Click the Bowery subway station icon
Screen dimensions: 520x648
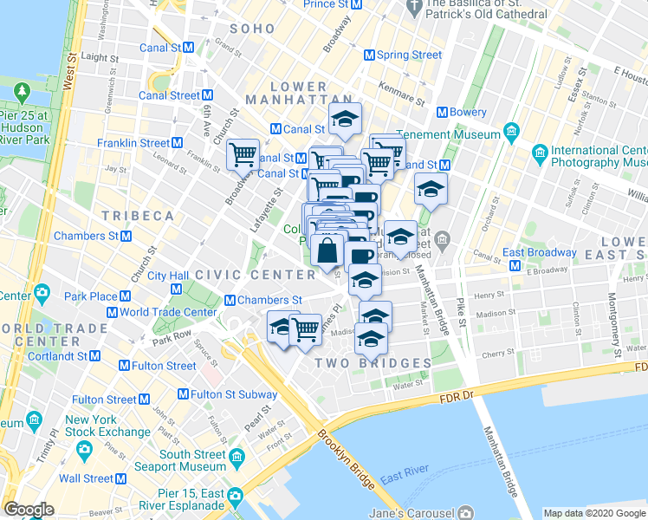pyautogui.click(x=442, y=112)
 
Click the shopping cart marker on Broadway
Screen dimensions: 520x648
pyautogui.click(x=243, y=155)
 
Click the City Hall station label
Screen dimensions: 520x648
pyautogui.click(x=168, y=276)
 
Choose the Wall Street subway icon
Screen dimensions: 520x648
pyautogui.click(x=120, y=478)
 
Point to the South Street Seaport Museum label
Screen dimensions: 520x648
pyautogui.click(x=204, y=460)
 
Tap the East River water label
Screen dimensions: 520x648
pyautogui.click(x=401, y=477)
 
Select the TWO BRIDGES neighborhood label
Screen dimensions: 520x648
pyautogui.click(x=373, y=362)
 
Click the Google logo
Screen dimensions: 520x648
pyautogui.click(x=29, y=510)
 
